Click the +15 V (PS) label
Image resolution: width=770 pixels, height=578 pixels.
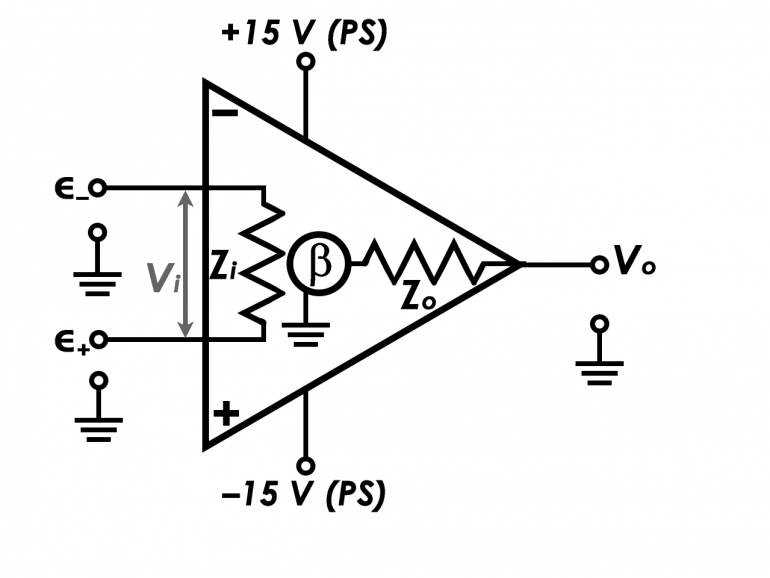[306, 32]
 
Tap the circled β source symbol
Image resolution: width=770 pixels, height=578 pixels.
[317, 266]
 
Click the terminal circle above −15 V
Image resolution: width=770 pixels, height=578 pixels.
[306, 465]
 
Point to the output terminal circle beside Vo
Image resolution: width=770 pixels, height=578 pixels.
[599, 265]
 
